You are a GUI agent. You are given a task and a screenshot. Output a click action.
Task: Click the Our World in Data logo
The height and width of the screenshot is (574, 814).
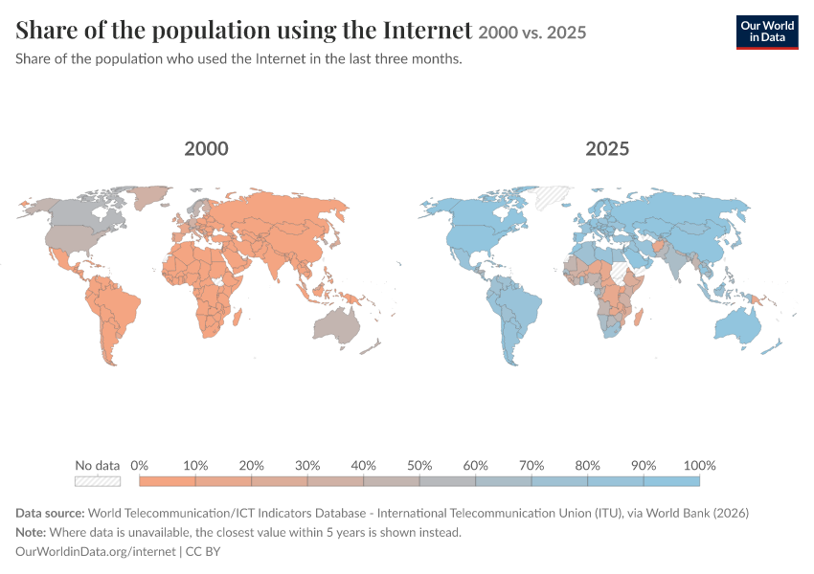[767, 33]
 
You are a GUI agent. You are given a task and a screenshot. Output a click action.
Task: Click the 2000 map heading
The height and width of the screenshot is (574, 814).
[206, 149]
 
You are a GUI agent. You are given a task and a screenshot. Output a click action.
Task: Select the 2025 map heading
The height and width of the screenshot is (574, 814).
[607, 149]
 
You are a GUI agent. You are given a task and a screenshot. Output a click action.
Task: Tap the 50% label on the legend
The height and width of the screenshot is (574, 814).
[419, 466]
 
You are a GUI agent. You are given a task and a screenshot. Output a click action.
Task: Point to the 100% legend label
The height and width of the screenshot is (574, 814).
[699, 466]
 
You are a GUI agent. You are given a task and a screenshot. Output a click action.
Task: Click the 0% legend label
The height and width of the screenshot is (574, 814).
[139, 466]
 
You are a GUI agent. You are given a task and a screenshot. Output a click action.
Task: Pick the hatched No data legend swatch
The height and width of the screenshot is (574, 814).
[98, 481]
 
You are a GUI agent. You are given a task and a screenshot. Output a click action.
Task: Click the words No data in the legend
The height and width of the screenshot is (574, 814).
[98, 466]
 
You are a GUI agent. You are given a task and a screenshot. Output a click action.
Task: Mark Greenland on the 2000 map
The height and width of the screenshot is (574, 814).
[150, 197]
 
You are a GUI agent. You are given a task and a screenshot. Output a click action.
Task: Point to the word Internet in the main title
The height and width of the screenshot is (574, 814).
[428, 30]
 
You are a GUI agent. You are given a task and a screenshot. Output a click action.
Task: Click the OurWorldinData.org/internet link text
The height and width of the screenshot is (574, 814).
[96, 551]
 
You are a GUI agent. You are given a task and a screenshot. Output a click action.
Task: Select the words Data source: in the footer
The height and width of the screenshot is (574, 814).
[50, 514]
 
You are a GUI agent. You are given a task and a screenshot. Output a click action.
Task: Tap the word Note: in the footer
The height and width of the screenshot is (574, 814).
[31, 533]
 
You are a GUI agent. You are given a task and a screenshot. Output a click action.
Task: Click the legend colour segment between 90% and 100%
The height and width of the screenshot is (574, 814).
[671, 481]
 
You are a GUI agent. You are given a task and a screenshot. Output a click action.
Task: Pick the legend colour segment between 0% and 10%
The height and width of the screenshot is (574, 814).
[168, 481]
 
